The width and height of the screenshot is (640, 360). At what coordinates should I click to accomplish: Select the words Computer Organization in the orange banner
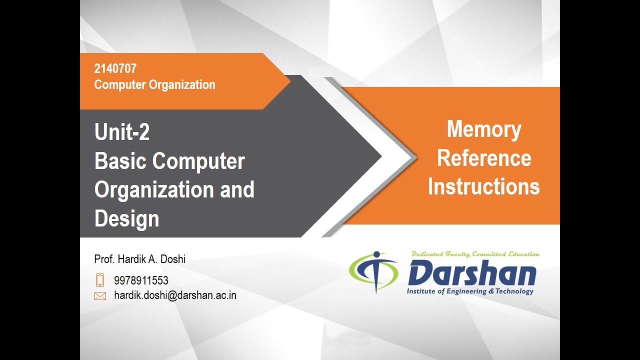coord(154,84)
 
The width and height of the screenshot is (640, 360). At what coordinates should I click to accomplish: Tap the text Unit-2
coord(122,132)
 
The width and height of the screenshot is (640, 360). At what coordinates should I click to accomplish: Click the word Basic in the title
coord(120,161)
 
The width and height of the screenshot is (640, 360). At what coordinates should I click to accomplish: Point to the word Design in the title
coord(126,218)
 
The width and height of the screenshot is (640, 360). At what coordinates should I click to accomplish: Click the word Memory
coord(483,129)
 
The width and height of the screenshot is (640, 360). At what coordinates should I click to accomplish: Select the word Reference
coord(483,158)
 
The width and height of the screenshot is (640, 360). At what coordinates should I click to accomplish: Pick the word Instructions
coord(483,186)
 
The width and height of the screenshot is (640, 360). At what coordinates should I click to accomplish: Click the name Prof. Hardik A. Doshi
coord(139,259)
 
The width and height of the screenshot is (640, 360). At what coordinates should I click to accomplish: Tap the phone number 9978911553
coord(141,280)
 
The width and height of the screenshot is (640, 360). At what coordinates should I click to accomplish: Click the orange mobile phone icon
coord(100,280)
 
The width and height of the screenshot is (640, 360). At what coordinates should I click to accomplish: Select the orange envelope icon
coord(100,296)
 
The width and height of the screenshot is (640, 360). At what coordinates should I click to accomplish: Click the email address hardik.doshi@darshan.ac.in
coord(175,295)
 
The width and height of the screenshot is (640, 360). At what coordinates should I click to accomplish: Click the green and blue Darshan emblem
coord(373,272)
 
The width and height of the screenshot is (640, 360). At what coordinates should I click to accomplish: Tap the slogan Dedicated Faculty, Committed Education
coord(475,254)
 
